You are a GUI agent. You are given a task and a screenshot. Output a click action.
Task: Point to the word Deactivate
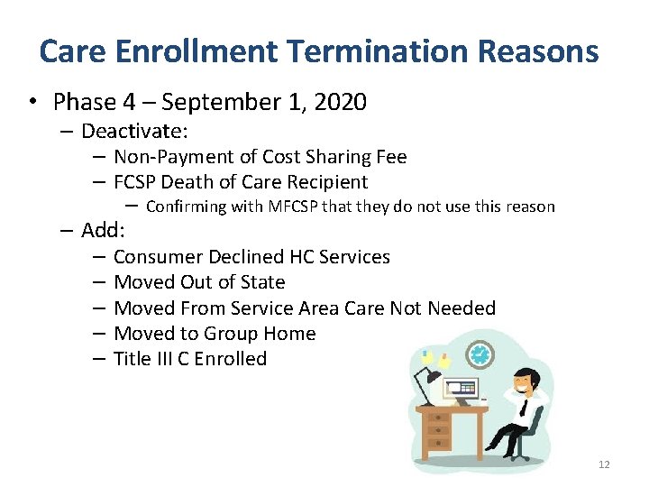134,132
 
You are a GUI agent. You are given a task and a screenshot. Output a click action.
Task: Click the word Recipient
325,182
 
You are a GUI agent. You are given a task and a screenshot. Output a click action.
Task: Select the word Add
106,230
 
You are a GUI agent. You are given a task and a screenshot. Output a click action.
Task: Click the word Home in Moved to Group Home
288,334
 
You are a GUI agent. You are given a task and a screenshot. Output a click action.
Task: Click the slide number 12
603,464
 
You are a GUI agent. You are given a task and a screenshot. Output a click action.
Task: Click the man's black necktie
524,407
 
